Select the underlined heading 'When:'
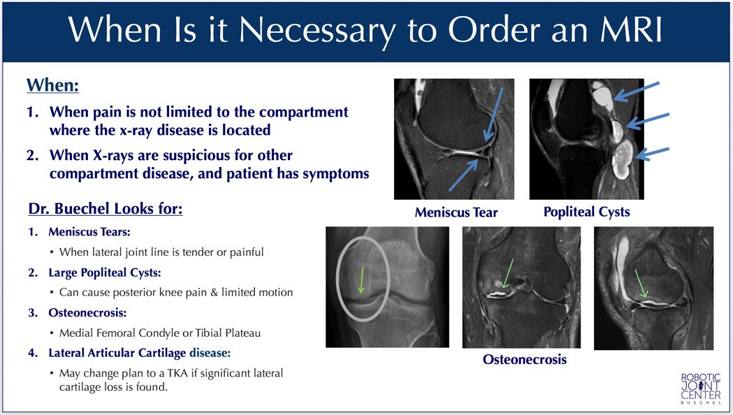[x=52, y=86]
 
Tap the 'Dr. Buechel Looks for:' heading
[x=106, y=209]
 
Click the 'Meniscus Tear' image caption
[x=456, y=212]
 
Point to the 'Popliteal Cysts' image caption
[x=586, y=211]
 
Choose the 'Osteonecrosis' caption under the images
[x=524, y=360]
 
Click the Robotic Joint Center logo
[x=700, y=388]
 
